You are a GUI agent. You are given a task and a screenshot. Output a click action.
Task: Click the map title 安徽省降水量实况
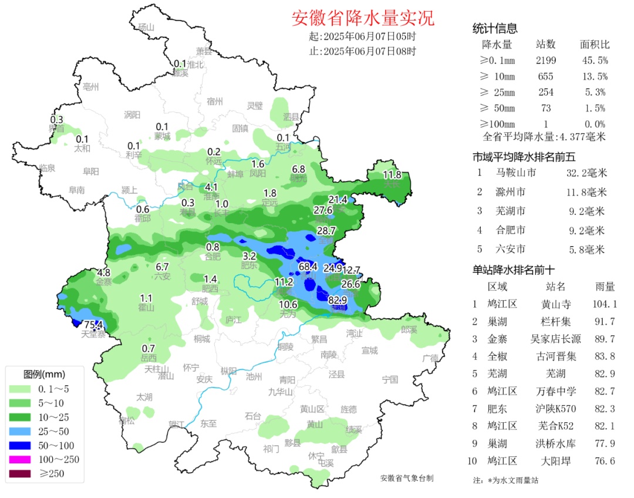point(363,18)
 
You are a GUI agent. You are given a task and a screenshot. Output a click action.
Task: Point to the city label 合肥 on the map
point(213,256)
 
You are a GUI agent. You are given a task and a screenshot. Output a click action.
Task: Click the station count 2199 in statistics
point(545,60)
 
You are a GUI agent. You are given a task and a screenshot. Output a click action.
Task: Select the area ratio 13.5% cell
point(594,76)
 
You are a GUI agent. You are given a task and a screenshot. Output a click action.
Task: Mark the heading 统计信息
point(495,29)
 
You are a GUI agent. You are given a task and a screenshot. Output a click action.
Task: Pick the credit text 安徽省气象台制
point(406,479)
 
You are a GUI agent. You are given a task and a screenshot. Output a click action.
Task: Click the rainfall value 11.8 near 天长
point(392,174)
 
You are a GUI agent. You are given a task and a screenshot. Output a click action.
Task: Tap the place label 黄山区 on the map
point(312,409)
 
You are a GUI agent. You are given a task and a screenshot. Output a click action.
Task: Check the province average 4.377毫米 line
point(544,137)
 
